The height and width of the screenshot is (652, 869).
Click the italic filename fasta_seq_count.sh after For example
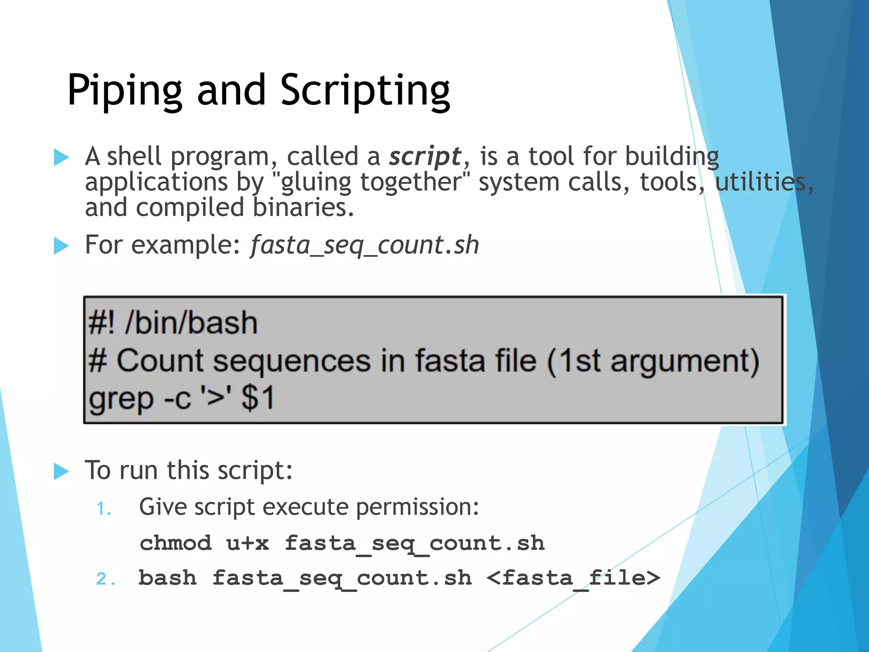click(x=364, y=245)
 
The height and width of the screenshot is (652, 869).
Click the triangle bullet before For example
click(x=61, y=246)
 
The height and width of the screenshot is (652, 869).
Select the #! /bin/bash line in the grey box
click(x=173, y=323)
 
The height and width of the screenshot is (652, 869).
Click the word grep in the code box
click(x=121, y=399)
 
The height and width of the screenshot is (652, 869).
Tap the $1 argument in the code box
click(x=258, y=398)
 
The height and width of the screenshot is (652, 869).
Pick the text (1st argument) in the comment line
click(x=653, y=361)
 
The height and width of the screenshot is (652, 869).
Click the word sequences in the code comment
click(x=292, y=361)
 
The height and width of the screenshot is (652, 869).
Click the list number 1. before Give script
click(x=104, y=509)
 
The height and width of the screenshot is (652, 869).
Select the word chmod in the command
click(x=175, y=543)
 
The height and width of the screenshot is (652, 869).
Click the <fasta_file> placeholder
click(x=573, y=578)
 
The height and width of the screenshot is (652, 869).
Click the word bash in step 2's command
click(x=168, y=578)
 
